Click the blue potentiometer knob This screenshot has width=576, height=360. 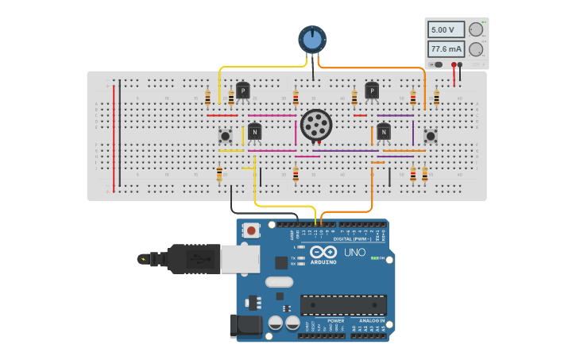[x=312, y=39]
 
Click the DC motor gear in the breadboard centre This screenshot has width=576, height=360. [x=316, y=125]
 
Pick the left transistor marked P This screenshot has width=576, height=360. [x=243, y=91]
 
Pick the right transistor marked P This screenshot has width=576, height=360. [x=372, y=91]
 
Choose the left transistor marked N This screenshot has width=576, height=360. [x=254, y=131]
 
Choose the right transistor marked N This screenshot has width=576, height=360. [x=384, y=131]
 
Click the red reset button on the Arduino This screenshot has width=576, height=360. [x=252, y=231]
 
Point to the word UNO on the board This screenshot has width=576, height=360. [x=354, y=253]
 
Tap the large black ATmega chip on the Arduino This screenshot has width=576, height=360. [x=343, y=304]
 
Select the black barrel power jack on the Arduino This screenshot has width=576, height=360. [x=245, y=326]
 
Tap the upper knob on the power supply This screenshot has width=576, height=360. [x=476, y=29]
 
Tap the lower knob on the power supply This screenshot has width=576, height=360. [x=476, y=49]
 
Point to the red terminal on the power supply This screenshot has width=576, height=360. [x=454, y=64]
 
